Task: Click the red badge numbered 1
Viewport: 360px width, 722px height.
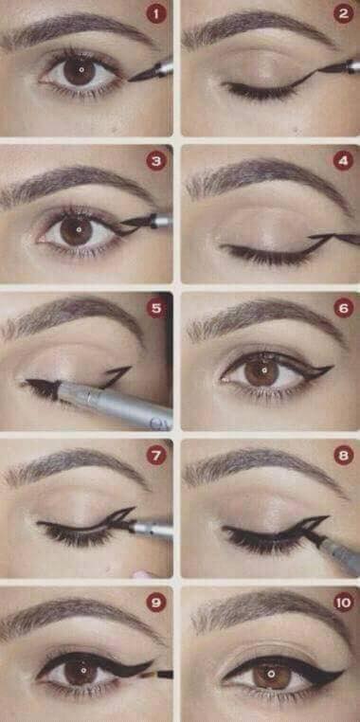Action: coord(156,14)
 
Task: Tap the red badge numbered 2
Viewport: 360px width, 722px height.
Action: coord(344,13)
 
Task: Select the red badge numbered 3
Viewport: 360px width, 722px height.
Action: coord(156,161)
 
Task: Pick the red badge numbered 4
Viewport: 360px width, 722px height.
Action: coord(344,161)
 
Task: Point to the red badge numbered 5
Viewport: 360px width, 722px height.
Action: coord(156,309)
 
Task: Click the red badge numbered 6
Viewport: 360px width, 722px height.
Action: coord(344,308)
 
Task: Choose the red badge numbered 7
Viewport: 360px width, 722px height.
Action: coord(156,456)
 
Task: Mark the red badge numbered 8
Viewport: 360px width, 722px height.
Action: coord(344,456)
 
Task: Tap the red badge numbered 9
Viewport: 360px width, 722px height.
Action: coord(156,603)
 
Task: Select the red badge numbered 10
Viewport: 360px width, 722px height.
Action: coord(344,603)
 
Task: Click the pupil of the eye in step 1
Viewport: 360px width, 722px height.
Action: coord(81,70)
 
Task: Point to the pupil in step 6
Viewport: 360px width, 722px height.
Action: coord(263,370)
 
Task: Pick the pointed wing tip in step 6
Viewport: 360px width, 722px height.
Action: coord(332,368)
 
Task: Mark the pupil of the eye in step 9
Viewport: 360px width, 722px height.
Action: coord(82,669)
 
